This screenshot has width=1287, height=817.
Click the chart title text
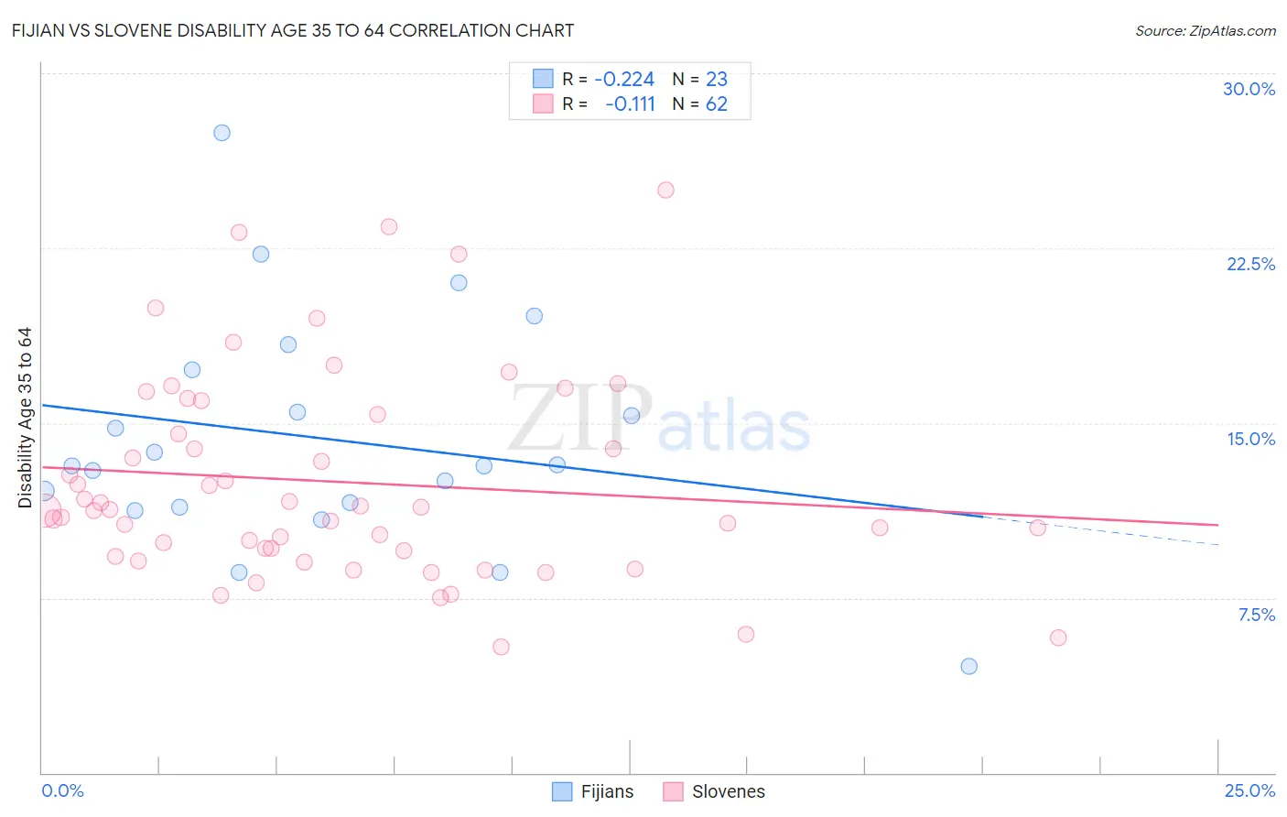coord(293,30)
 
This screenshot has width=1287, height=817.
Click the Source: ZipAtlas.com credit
coord(1205,30)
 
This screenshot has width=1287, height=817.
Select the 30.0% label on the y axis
coord(1249,89)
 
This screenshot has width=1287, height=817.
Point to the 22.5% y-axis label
coord(1250,264)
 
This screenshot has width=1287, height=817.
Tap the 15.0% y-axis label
coord(1250,439)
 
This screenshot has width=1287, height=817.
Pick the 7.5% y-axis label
coord(1256,615)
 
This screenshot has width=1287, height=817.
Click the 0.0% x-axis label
coord(62,790)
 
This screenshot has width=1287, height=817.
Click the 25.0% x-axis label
coord(1249,790)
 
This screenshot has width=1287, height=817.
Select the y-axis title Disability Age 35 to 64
coord(25,418)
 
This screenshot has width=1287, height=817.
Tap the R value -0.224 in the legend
coord(624,79)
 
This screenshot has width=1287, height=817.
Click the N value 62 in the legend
coord(716,104)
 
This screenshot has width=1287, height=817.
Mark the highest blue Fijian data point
coord(222,133)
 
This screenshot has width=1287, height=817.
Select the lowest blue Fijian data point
coord(969,666)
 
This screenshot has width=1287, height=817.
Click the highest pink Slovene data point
coord(665,191)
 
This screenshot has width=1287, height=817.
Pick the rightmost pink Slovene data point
coord(1058,637)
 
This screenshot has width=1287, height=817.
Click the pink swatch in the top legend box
coord(543,103)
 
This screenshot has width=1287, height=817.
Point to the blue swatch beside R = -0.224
coord(543,79)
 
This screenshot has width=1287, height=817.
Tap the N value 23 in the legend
coord(716,79)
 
